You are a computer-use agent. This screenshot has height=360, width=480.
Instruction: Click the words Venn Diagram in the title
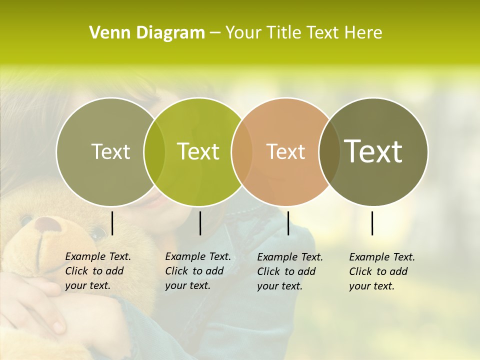point(147,33)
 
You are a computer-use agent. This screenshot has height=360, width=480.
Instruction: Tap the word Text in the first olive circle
point(111,152)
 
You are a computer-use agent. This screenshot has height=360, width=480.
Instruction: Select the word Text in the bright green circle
point(198,151)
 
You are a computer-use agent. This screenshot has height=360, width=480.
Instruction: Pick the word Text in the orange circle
point(285,151)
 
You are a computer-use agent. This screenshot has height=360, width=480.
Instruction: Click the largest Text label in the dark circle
point(373,151)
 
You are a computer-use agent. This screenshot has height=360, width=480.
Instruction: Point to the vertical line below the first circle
point(112,223)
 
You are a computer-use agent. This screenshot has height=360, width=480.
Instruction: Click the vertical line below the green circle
point(200,223)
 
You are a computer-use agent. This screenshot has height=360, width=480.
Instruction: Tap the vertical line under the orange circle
point(288,223)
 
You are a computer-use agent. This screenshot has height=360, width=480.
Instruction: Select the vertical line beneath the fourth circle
point(372,223)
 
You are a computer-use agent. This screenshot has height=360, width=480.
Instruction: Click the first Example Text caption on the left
point(97,271)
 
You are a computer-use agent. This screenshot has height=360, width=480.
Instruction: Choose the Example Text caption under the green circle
point(197,271)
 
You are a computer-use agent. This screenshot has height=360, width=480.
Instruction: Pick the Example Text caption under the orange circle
point(289,271)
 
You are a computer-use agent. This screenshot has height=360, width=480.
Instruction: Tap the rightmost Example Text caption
point(381,271)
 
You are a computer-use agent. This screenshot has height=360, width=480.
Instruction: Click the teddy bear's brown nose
point(48,224)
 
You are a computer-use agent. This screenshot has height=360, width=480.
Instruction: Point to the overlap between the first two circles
point(154,152)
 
